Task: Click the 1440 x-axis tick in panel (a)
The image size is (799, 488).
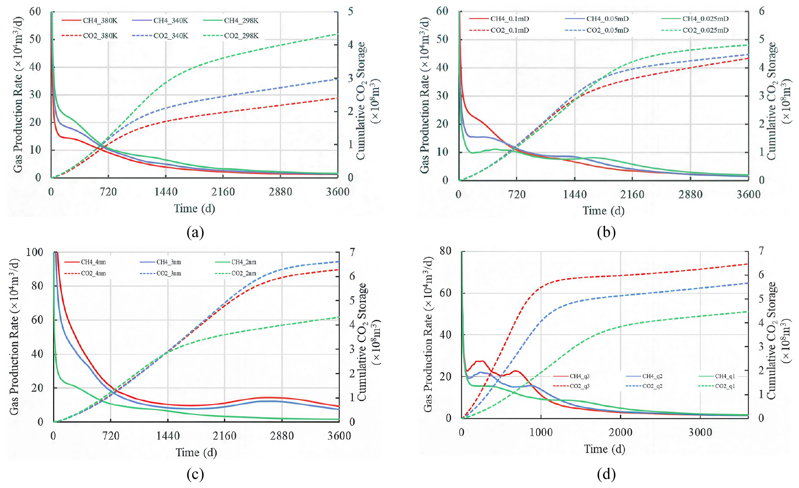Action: coord(166,192)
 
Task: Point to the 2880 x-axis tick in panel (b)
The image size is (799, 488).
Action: coord(690,195)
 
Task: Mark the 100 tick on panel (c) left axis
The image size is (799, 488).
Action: coord(35,252)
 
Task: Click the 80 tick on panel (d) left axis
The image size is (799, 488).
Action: coord(445,251)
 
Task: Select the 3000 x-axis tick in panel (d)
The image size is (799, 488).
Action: coord(700,433)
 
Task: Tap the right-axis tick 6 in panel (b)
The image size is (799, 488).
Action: coord(762,11)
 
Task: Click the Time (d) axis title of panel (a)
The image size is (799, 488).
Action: coord(194,209)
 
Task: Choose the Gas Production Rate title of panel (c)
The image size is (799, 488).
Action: coord(15,337)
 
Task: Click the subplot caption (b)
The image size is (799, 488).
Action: coord(606,232)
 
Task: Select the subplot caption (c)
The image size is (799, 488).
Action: coord(195,474)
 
